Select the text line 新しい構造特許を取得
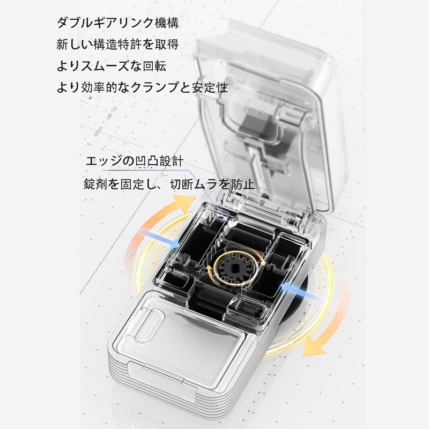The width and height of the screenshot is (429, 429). click(x=117, y=45)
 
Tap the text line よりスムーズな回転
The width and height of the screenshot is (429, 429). click(x=111, y=66)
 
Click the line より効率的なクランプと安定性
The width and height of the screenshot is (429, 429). click(x=142, y=87)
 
